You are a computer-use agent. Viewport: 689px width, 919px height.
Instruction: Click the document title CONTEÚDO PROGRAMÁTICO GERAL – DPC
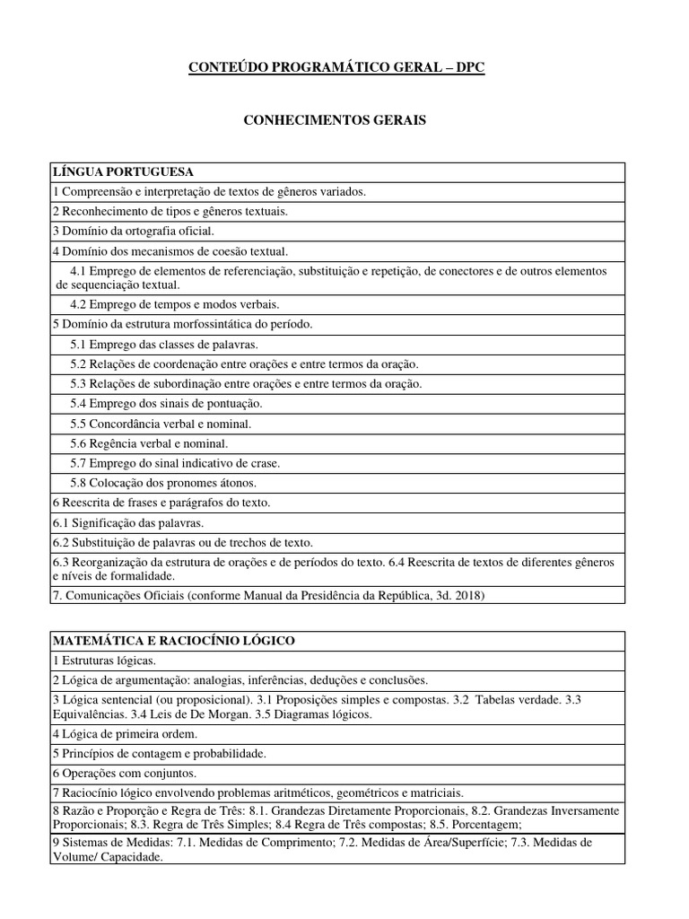tap(336, 68)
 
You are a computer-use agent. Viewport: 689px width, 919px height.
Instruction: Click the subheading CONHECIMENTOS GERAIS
tap(336, 120)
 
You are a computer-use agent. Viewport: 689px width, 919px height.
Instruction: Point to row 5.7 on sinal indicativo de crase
tap(175, 462)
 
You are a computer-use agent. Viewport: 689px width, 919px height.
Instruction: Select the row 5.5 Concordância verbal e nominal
tap(161, 423)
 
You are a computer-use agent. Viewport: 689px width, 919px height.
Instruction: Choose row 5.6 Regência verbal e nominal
tap(149, 442)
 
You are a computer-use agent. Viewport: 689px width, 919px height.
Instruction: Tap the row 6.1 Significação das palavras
tap(128, 521)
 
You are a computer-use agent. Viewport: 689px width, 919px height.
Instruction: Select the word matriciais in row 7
tap(435, 792)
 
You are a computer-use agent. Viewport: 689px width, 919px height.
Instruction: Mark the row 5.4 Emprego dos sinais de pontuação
tap(166, 403)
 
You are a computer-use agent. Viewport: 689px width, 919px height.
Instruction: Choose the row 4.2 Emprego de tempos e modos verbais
tap(175, 304)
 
